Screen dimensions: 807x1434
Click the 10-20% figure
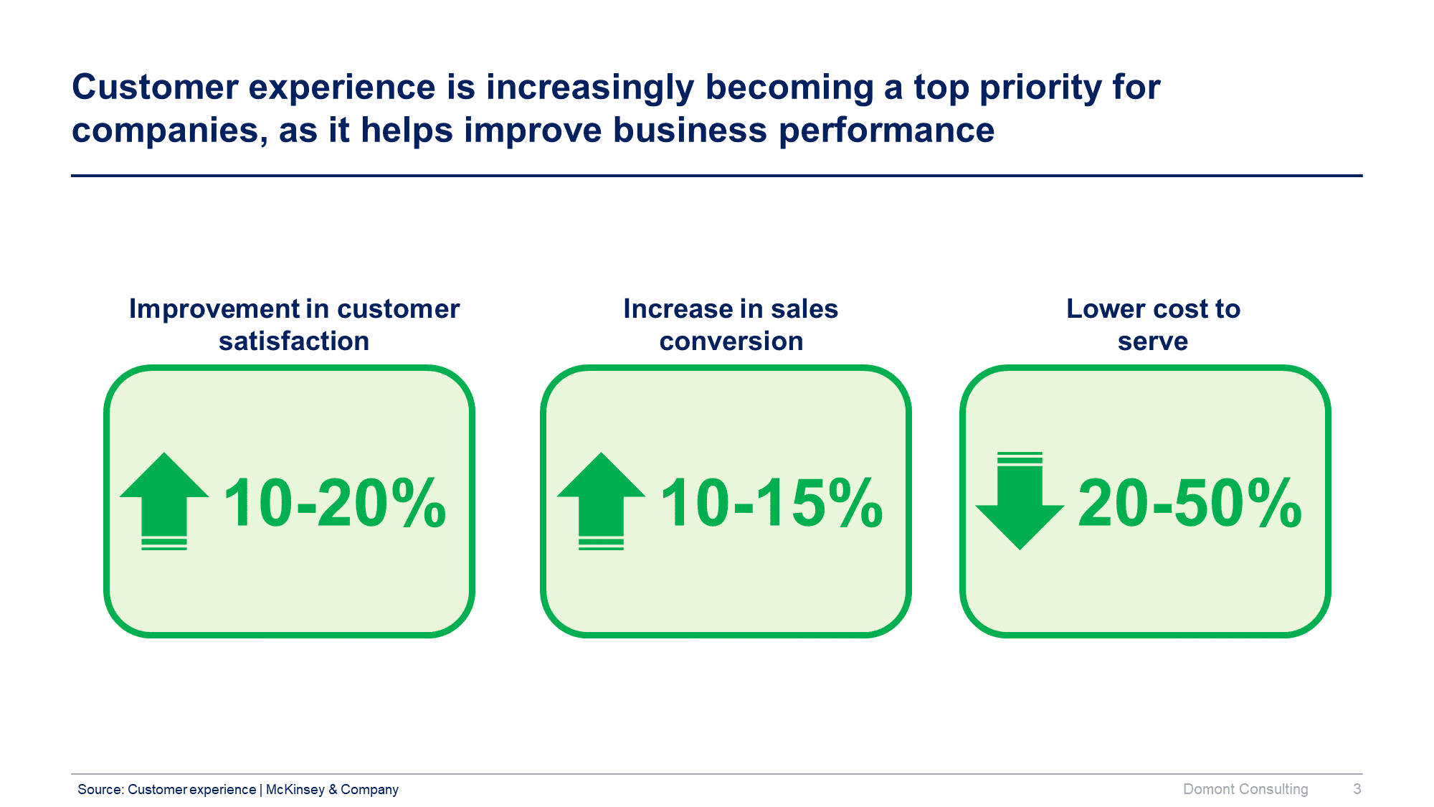[x=334, y=504]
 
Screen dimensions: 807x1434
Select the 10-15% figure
[x=771, y=504]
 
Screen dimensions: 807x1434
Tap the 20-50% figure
[x=1190, y=504]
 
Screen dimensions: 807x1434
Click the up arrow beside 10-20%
[x=164, y=501]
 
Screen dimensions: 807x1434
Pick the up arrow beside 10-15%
[x=601, y=501]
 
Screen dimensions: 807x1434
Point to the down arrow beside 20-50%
[x=1020, y=501]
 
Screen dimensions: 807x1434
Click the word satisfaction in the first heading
[x=294, y=341]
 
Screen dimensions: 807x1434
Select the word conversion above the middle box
[x=731, y=341]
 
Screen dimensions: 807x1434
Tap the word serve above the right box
[x=1152, y=341]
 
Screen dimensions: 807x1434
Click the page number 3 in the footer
[x=1357, y=789]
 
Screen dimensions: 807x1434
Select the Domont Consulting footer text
[x=1245, y=789]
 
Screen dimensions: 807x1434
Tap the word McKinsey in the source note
[x=295, y=789]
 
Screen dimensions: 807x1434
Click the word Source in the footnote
[x=100, y=789]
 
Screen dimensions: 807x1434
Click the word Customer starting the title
[x=155, y=88]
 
